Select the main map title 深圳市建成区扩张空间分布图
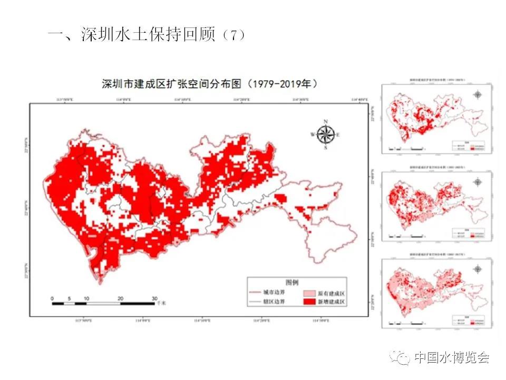[x=172, y=84]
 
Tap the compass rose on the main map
[x=326, y=135]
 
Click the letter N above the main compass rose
[x=326, y=122]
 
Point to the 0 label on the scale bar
[x=52, y=298]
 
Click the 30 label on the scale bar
[x=154, y=298]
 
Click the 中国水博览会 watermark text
[x=452, y=357]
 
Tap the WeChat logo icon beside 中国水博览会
[x=400, y=357]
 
